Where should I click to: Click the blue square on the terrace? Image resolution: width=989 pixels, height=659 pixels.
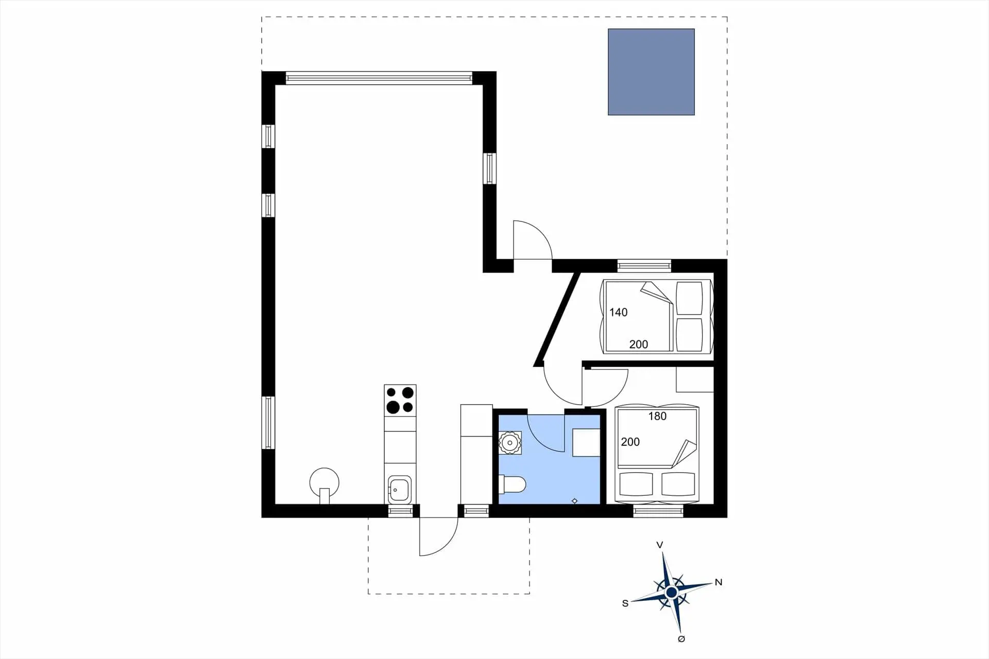pos(651,72)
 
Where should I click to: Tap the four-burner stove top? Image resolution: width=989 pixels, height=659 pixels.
pos(400,400)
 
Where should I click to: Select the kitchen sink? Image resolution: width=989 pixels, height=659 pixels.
pos(399,489)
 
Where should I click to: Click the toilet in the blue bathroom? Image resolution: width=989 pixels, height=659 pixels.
pos(513,484)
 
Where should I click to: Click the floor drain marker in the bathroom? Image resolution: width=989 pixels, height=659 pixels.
pos(575,501)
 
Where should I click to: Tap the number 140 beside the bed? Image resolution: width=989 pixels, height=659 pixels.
pos(618,312)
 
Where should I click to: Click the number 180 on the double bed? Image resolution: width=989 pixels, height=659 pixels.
pos(657,416)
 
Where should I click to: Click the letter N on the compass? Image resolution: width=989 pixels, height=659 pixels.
pos(719,582)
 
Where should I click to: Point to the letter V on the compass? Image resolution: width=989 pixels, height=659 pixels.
pos(659,545)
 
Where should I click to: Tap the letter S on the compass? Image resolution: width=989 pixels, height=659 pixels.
pos(625,603)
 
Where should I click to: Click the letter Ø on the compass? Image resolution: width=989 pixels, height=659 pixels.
pos(681,639)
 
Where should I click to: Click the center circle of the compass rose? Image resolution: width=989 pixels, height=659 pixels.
pos(671,593)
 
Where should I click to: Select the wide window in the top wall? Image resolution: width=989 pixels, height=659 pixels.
pos(379,78)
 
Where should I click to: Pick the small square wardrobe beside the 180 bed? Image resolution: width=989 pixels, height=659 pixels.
pos(695,380)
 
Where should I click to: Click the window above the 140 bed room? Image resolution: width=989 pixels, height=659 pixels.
pos(644,266)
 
